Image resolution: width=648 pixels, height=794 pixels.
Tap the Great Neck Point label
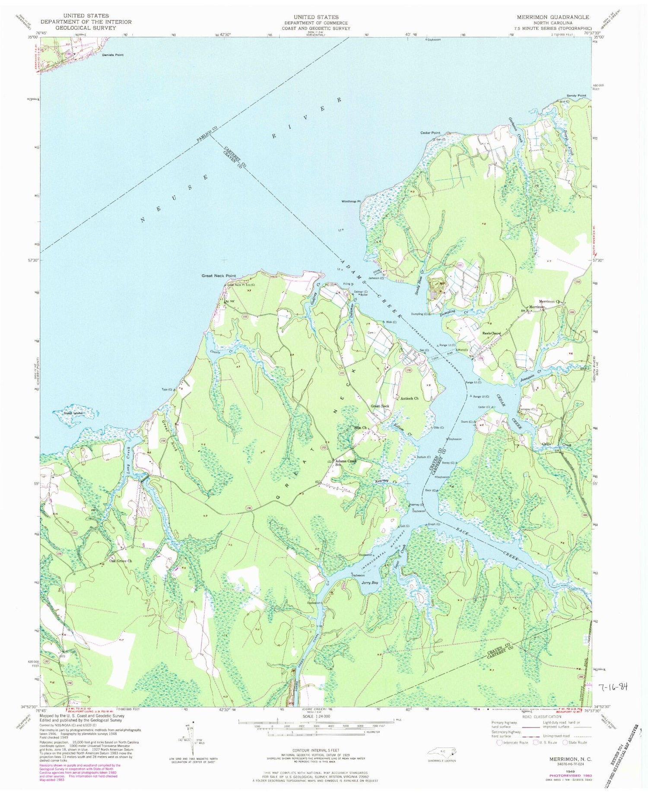pyautogui.click(x=219, y=276)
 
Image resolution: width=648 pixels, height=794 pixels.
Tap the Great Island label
pyautogui.click(x=73, y=413)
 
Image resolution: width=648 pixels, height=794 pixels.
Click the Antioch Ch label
pyautogui.click(x=410, y=398)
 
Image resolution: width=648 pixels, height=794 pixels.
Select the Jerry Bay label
pyautogui.click(x=369, y=583)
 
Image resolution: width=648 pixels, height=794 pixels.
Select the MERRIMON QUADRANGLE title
pyautogui.click(x=553, y=17)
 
